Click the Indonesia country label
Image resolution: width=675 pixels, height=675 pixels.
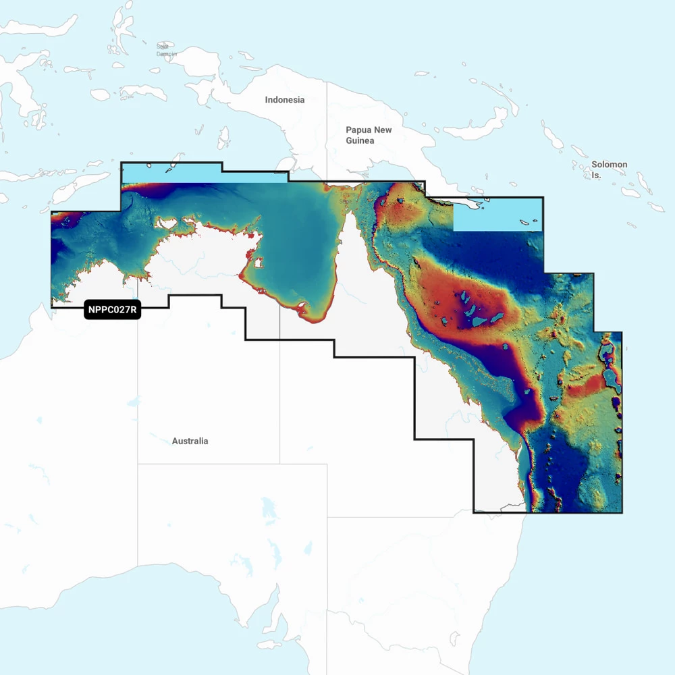[x=284, y=100]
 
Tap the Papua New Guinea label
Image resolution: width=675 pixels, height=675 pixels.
[x=368, y=135]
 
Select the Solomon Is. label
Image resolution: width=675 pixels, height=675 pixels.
[x=609, y=169]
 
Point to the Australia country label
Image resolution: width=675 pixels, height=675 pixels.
[x=190, y=441]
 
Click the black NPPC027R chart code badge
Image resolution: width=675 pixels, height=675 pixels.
[x=112, y=310]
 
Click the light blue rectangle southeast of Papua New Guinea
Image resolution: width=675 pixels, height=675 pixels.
[x=497, y=215]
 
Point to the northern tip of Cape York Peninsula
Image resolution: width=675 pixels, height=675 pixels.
[x=352, y=211]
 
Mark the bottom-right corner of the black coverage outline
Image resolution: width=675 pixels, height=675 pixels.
[x=622, y=513]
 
